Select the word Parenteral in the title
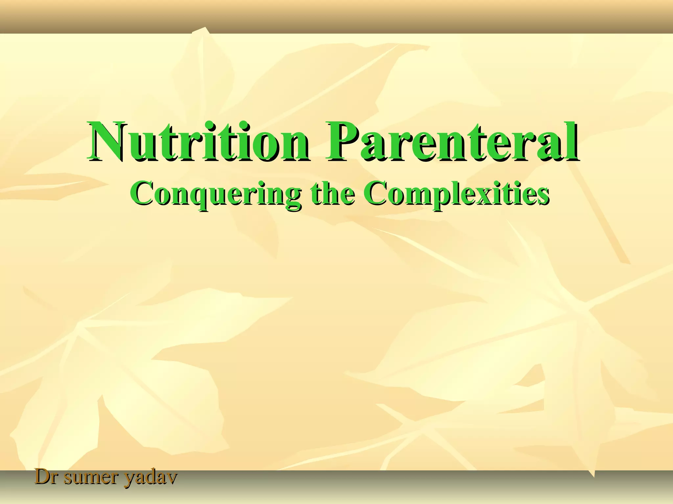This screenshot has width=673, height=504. click(x=452, y=142)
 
